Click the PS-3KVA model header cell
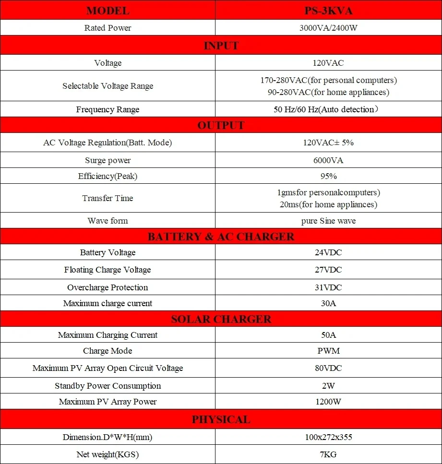[x=328, y=11]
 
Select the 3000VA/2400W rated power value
[x=328, y=28]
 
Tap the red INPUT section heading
[x=221, y=46]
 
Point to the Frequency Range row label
[x=108, y=109]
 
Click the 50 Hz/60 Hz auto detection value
[x=328, y=109]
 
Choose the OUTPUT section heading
[x=221, y=126]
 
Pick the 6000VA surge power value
[x=328, y=160]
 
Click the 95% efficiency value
[x=328, y=176]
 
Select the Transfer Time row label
[x=108, y=198]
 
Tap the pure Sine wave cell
[x=328, y=221]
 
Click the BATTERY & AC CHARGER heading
[x=221, y=237]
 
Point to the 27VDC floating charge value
[x=328, y=270]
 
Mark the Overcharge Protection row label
[x=108, y=287]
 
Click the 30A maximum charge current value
[x=328, y=303]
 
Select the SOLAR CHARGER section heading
[x=221, y=319]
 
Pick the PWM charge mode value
[x=328, y=351]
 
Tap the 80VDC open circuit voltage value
[x=328, y=368]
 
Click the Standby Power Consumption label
[x=108, y=386]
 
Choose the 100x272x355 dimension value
[x=328, y=437]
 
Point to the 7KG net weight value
[x=328, y=454]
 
